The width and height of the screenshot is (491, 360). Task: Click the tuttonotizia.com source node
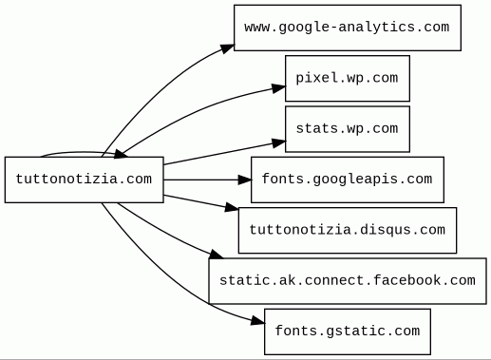tap(85, 180)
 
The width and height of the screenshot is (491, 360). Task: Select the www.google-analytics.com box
tap(348, 28)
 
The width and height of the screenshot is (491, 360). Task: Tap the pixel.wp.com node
tap(348, 78)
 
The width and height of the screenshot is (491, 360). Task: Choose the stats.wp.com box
tap(348, 129)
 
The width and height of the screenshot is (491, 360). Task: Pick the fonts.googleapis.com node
tap(348, 180)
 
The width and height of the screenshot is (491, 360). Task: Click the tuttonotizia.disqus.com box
tap(348, 230)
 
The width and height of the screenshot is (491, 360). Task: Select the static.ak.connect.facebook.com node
tap(348, 281)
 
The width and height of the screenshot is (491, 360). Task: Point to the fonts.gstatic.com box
tap(348, 332)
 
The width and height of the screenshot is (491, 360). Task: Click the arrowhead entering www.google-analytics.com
tap(227, 48)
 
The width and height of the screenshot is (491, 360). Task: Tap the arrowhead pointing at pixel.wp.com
tap(278, 88)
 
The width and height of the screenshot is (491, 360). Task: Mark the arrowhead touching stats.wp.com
tap(278, 143)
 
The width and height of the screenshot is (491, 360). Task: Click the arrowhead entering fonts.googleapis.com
tap(245, 180)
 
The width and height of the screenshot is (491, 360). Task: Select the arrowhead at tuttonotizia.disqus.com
tap(232, 207)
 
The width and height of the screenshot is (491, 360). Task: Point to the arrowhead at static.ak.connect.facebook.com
tap(217, 255)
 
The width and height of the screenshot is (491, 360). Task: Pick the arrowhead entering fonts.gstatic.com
tap(257, 321)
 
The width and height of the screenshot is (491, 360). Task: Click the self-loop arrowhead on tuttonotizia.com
tap(121, 155)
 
